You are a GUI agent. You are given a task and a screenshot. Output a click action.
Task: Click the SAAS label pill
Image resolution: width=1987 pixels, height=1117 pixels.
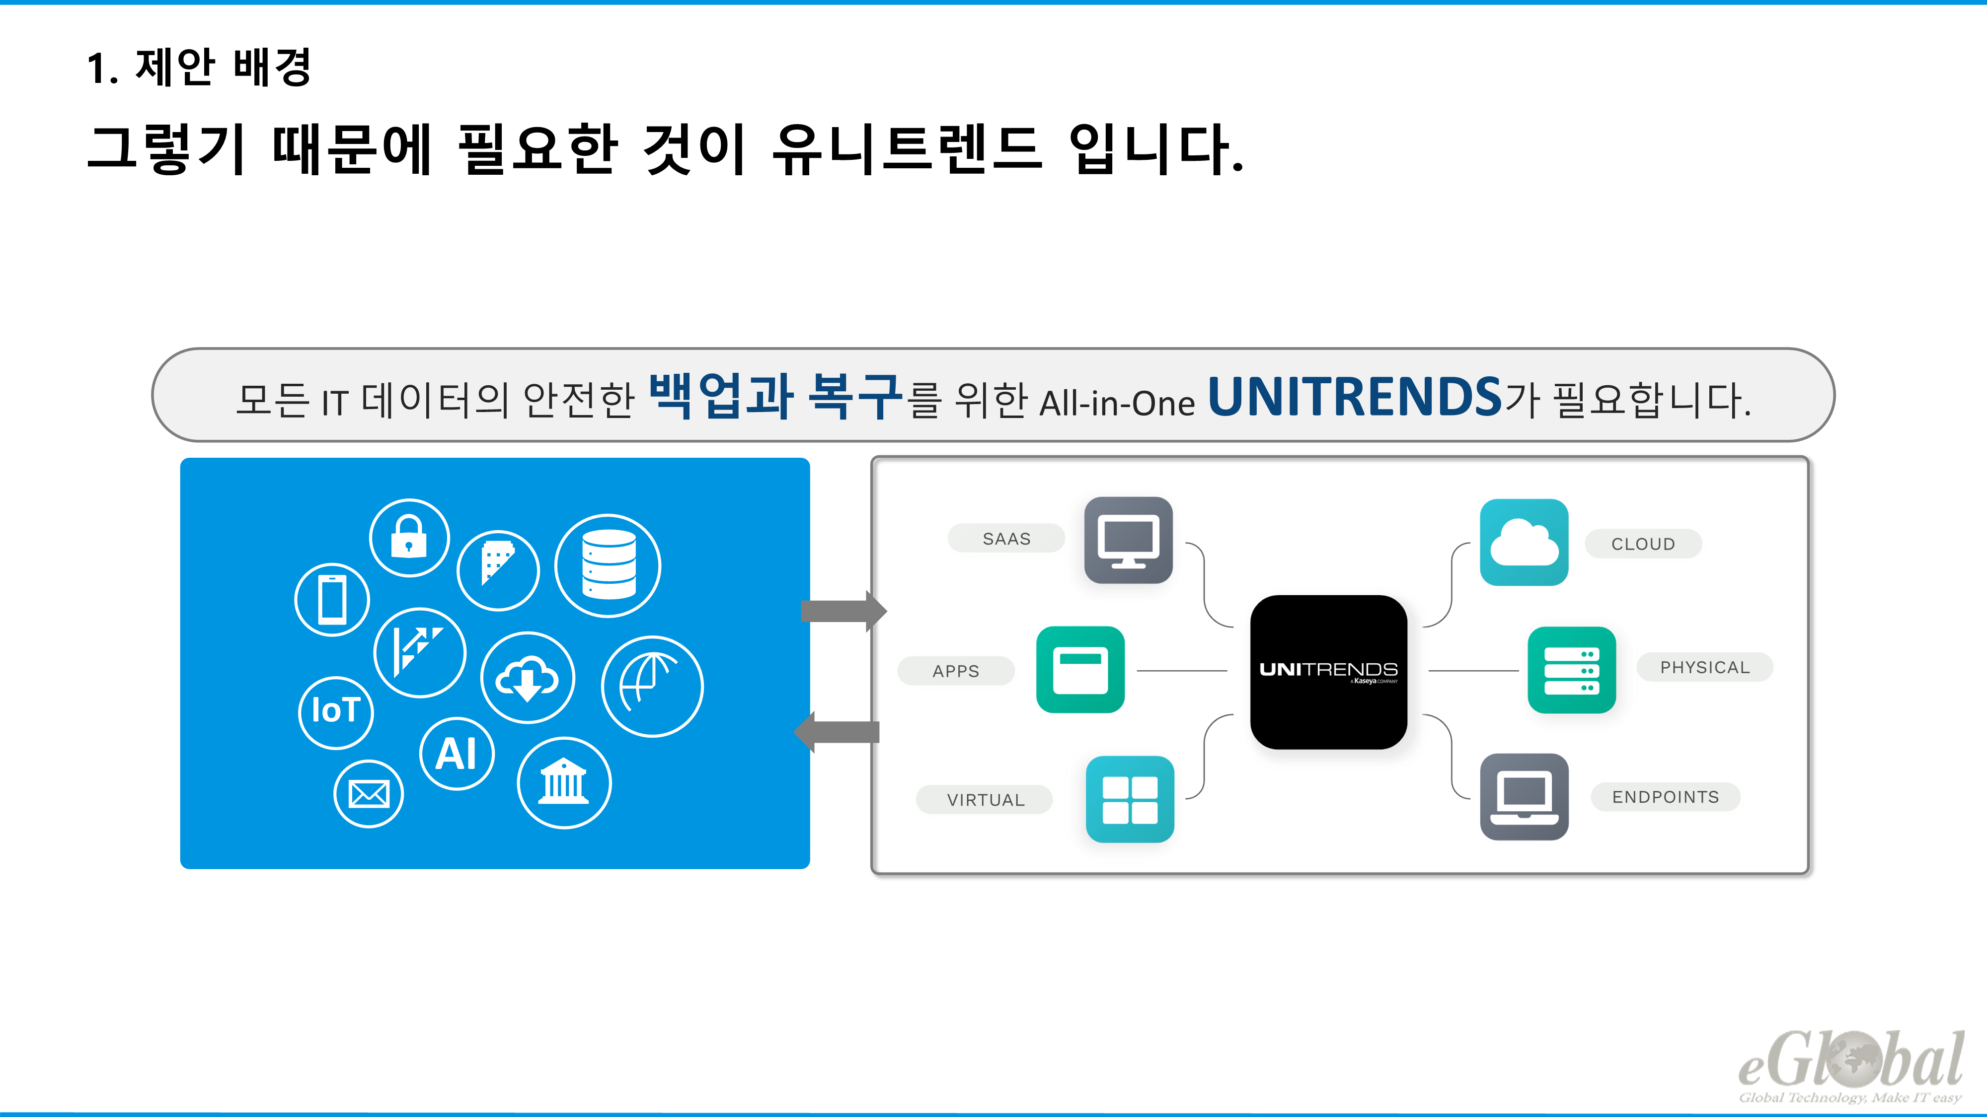[x=1006, y=538]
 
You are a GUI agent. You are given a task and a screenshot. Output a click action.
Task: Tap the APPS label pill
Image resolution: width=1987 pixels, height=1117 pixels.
[x=956, y=671]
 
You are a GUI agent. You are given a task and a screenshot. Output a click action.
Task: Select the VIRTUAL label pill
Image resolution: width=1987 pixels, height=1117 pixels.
[x=985, y=799]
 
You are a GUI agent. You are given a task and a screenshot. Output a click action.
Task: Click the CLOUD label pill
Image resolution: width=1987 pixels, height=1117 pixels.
[x=1643, y=544]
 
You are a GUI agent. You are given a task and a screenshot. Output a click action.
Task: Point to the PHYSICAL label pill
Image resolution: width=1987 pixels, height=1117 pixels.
[x=1705, y=667]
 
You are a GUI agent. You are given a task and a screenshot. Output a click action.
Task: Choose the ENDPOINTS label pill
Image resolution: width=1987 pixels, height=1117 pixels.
[x=1665, y=796]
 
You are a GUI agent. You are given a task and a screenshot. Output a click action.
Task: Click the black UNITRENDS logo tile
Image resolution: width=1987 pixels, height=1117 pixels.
[x=1328, y=671]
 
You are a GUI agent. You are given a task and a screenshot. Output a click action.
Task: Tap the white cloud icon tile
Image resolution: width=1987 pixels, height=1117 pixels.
[x=1524, y=542]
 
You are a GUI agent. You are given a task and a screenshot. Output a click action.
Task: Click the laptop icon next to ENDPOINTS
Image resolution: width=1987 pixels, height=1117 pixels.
[x=1524, y=796]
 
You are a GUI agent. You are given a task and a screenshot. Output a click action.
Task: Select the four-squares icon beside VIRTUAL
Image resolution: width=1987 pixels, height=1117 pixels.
[x=1129, y=799]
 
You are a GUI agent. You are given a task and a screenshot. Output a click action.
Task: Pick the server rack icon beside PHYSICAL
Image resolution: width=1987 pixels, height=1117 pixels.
[x=1571, y=670]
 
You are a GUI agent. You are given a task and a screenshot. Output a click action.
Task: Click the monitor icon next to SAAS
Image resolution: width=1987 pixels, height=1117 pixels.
[x=1128, y=540]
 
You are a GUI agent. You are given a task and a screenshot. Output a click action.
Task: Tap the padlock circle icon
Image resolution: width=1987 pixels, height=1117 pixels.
[x=409, y=537]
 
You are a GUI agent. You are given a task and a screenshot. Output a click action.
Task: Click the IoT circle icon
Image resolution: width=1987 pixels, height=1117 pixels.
[x=335, y=711]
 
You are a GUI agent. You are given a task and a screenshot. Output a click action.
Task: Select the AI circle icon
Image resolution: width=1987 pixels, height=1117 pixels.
[x=457, y=753]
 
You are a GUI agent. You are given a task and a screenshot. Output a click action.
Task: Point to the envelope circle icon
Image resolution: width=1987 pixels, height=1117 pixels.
[x=369, y=793]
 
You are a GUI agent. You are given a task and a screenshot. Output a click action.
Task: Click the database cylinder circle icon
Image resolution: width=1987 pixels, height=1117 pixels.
[x=608, y=565]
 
